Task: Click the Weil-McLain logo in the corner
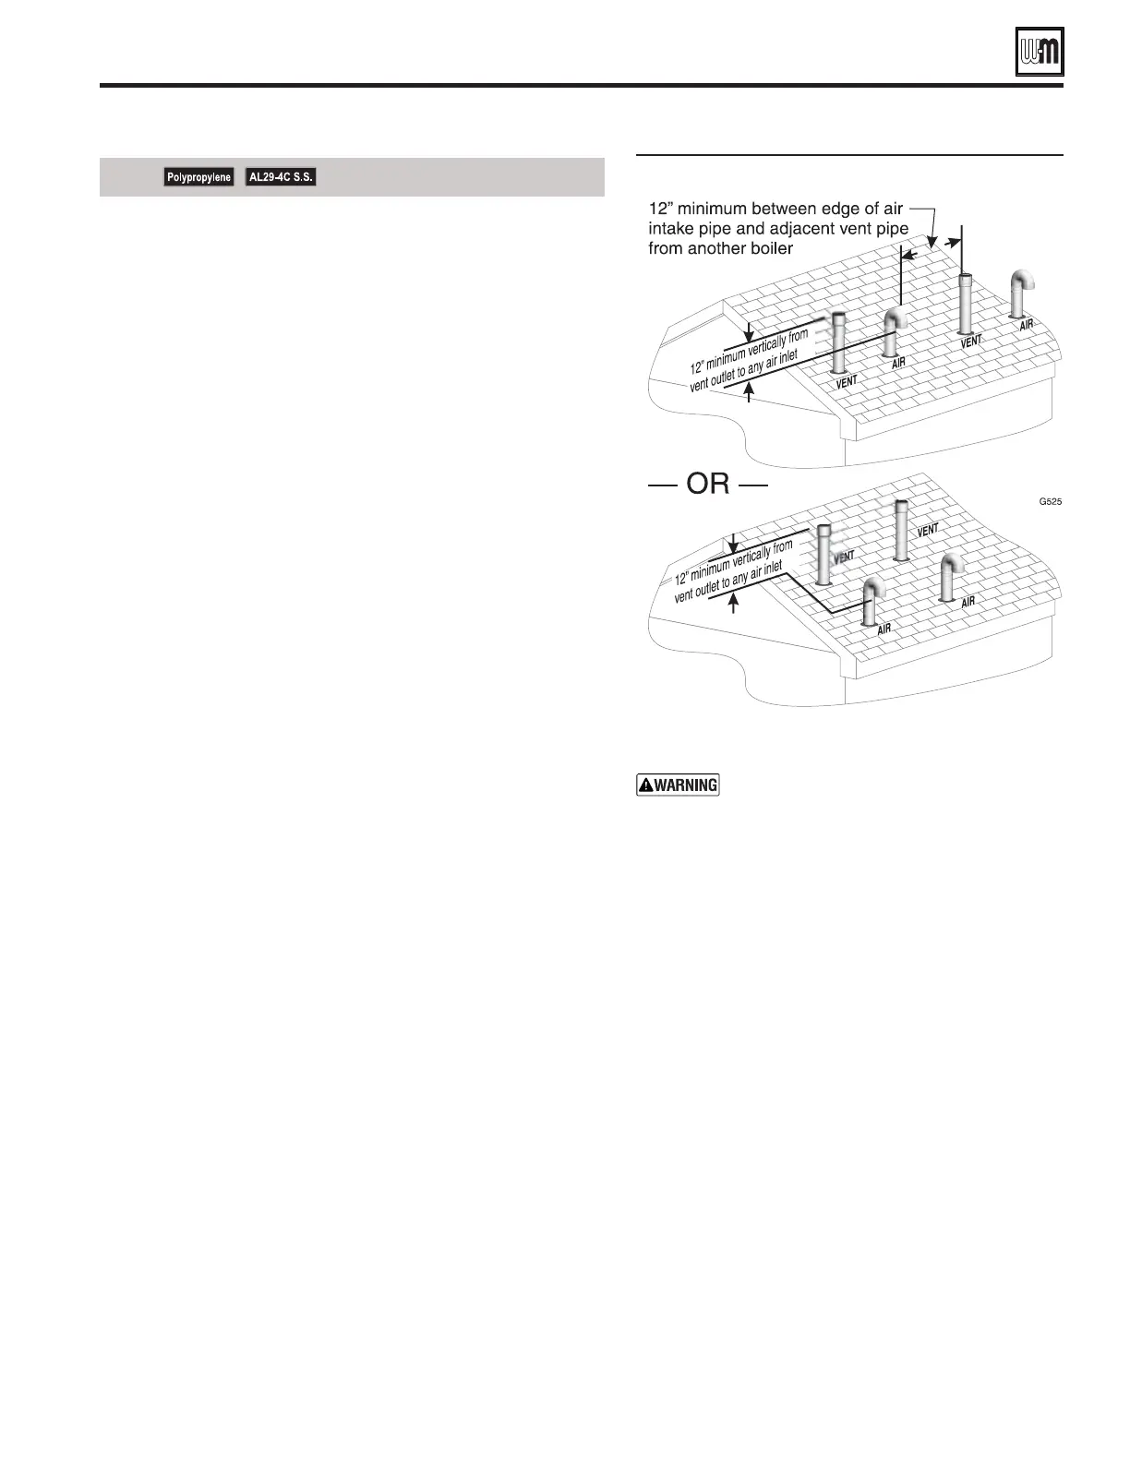pyautogui.click(x=1039, y=51)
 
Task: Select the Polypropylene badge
pyautogui.click(x=198, y=177)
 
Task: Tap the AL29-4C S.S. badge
pyautogui.click(x=281, y=176)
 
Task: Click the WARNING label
pyautogui.click(x=678, y=785)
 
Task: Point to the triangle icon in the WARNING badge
pyautogui.click(x=646, y=785)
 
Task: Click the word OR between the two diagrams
pyautogui.click(x=708, y=484)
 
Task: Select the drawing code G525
pyautogui.click(x=1051, y=502)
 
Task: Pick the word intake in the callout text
pyautogui.click(x=672, y=229)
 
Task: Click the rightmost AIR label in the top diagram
pyautogui.click(x=1027, y=325)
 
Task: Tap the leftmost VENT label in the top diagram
pyautogui.click(x=847, y=380)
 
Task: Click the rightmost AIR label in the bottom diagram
pyautogui.click(x=968, y=602)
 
